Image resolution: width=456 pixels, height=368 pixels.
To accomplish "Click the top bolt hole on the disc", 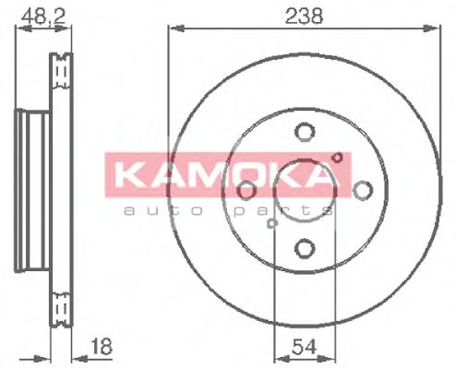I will (x=303, y=132).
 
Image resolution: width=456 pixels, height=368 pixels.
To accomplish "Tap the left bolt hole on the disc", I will (x=246, y=190).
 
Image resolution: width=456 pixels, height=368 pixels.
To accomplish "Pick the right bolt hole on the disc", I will (x=361, y=190).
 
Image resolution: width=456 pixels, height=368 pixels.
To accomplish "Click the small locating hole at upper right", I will (x=338, y=157).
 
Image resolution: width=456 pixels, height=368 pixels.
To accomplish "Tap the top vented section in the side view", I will (x=62, y=72).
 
